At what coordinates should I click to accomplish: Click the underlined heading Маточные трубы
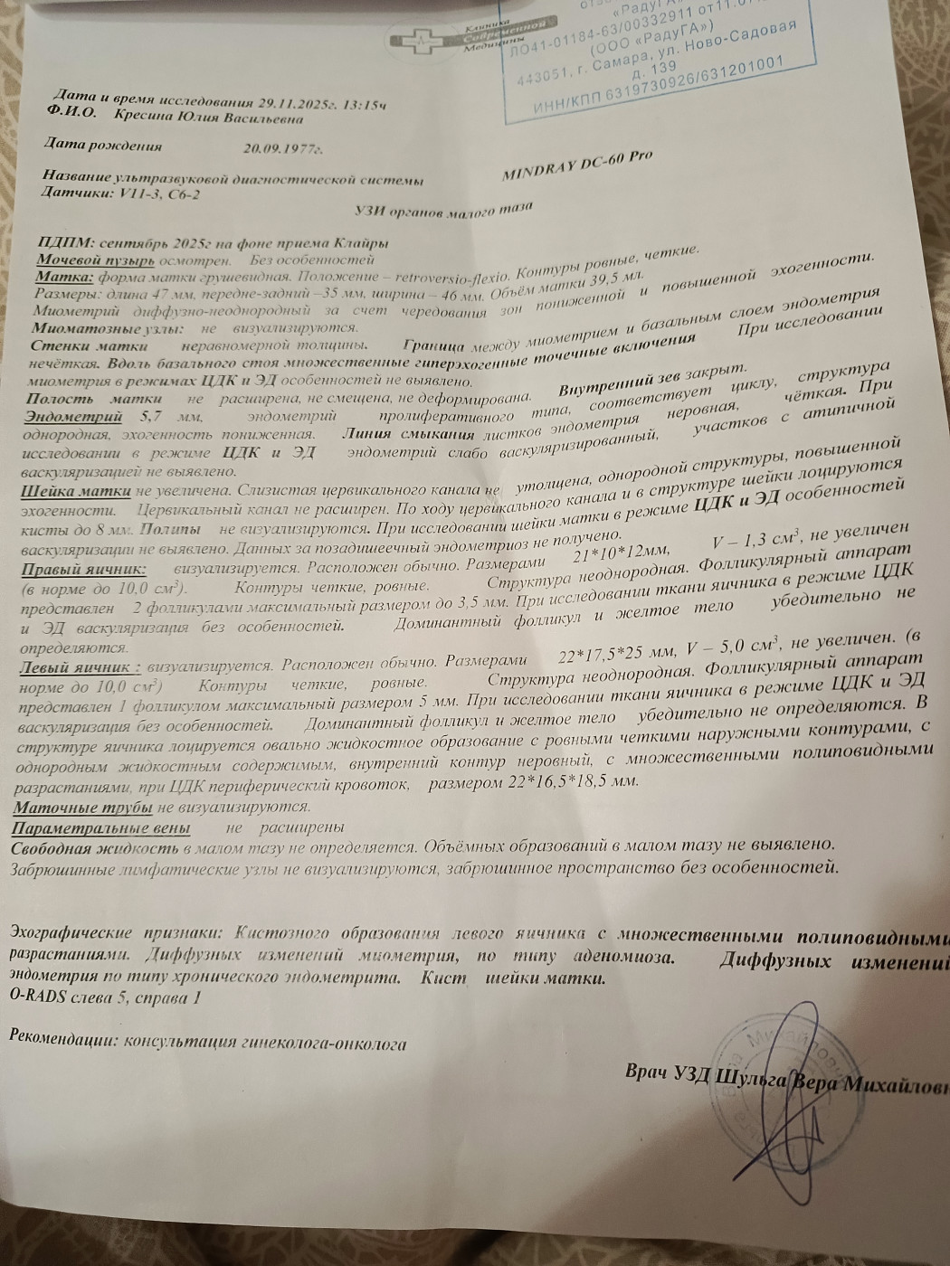tap(82, 807)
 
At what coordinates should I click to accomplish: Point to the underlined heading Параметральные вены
tap(100, 827)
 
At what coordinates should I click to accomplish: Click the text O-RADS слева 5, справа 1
tap(102, 998)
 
